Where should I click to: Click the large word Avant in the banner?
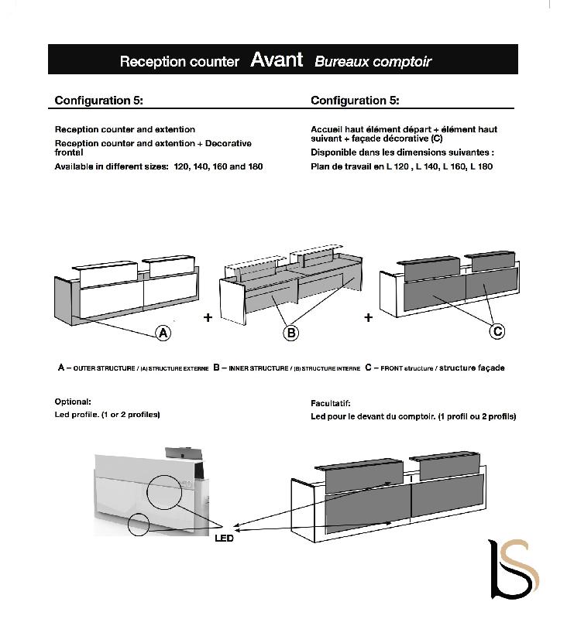point(277,60)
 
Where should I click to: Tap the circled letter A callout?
point(163,333)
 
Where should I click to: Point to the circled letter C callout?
point(498,331)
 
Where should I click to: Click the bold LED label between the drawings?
point(224,539)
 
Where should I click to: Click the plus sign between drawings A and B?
point(208,318)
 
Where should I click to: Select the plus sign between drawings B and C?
point(368,317)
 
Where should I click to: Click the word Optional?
point(73,402)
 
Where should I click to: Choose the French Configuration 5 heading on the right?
point(355,101)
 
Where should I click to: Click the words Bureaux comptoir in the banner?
point(373,62)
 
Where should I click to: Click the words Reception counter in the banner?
point(179,62)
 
